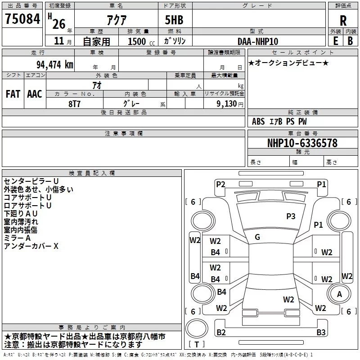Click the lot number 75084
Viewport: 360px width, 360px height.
pos(22,19)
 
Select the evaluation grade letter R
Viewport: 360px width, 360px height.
pos(343,20)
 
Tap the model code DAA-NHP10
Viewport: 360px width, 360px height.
pos(258,41)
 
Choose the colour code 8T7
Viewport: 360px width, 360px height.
pos(75,103)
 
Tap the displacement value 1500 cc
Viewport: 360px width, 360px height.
pos(137,41)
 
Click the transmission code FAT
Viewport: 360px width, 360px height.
pos(13,94)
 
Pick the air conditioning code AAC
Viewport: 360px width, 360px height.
pos(34,94)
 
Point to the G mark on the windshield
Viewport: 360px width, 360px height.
pos(257,237)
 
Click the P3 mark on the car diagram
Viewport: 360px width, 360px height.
pos(291,216)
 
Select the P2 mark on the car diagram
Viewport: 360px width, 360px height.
pos(220,184)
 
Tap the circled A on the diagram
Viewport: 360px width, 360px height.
pos(339,294)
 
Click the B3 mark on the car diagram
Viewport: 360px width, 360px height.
pos(321,333)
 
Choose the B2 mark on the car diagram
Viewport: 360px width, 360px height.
pos(221,333)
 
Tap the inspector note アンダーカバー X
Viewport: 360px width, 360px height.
pos(31,246)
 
